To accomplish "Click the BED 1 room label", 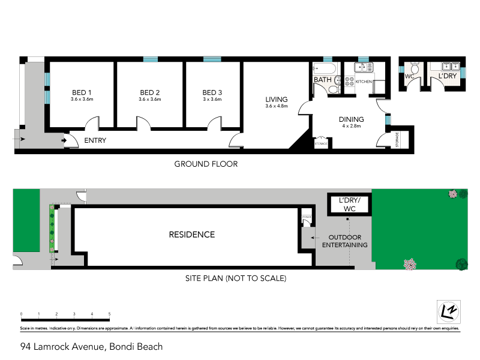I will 82,92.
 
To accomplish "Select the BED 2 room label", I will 150,92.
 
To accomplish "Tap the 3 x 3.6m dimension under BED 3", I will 212,100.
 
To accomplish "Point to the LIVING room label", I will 277,99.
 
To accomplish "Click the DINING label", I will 352,119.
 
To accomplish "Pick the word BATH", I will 322,80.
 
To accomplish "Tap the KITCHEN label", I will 364,81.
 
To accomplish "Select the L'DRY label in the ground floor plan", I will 448,77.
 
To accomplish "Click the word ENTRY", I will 95,140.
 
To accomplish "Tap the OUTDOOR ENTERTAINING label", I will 345,241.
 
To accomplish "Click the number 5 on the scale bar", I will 109,314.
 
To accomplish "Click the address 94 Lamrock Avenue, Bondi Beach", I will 91,346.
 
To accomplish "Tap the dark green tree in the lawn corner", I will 461,263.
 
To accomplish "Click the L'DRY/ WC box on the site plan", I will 349,205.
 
